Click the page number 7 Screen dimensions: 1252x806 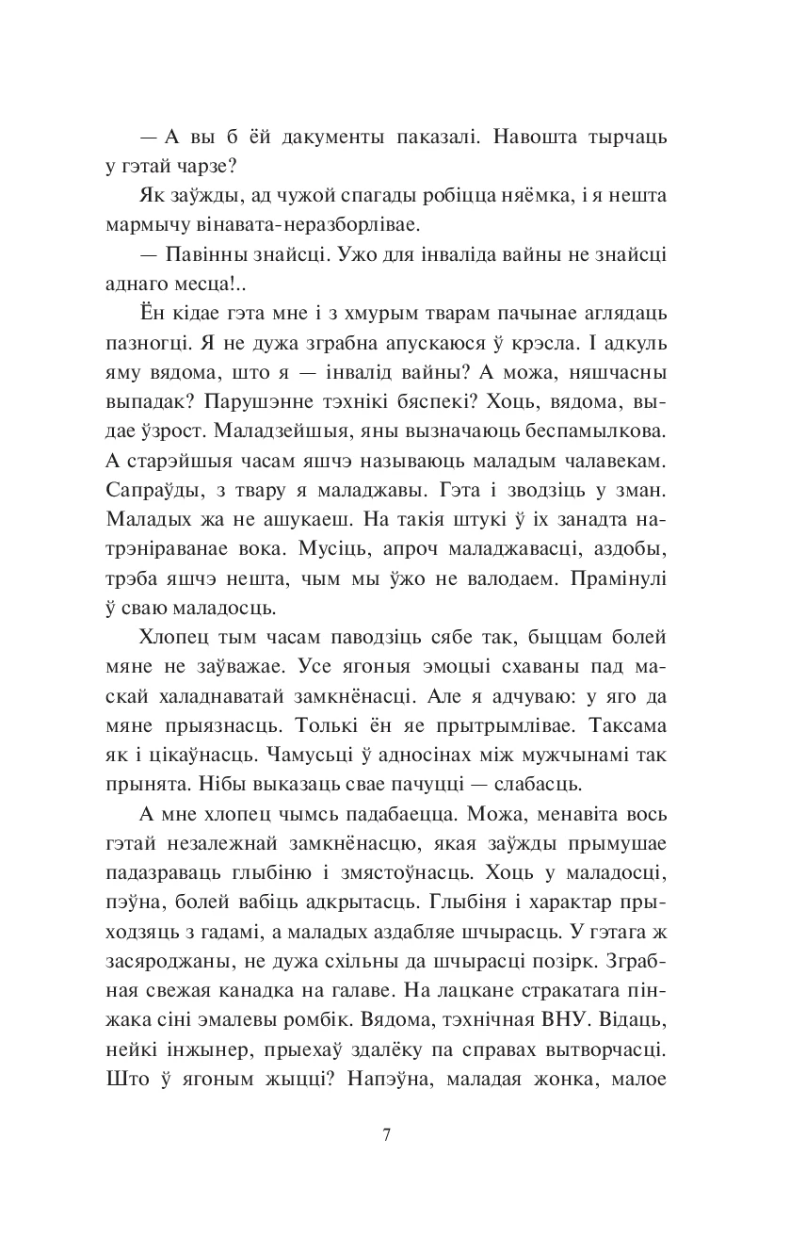pyautogui.click(x=387, y=1133)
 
